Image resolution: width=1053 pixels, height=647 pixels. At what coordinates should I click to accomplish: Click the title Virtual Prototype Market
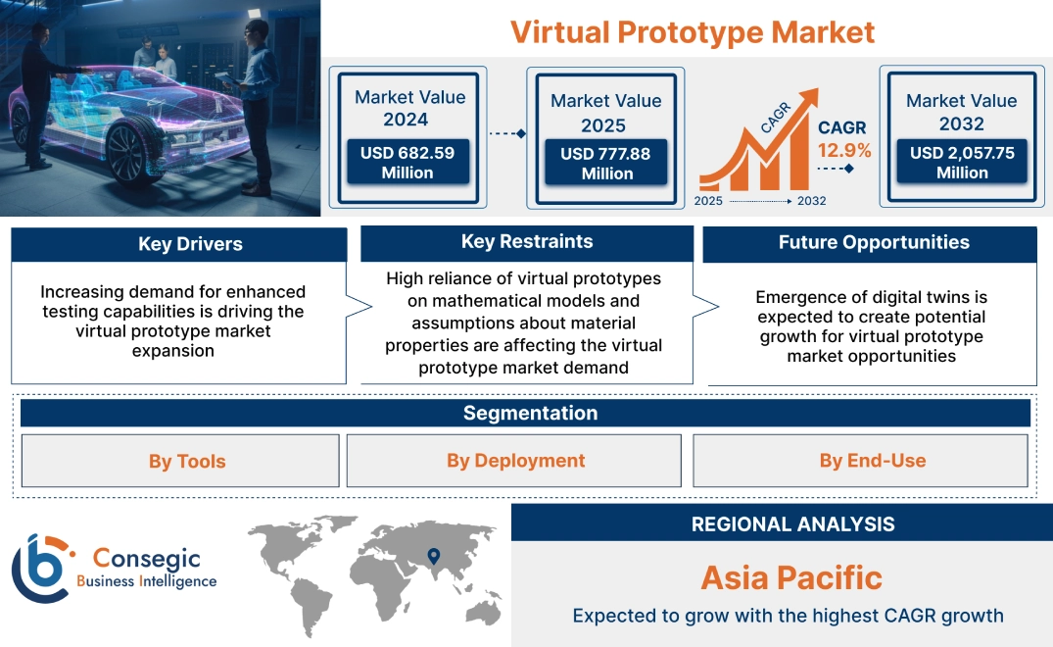click(x=693, y=31)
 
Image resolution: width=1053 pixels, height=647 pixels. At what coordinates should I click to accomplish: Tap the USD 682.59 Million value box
click(x=407, y=163)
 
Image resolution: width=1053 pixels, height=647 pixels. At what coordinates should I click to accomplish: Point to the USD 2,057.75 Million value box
click(x=962, y=163)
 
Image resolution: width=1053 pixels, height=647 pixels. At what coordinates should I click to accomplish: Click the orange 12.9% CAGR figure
click(x=844, y=151)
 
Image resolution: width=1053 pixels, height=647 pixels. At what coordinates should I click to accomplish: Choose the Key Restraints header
click(x=527, y=242)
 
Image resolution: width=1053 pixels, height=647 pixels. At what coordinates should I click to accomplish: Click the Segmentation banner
click(x=530, y=413)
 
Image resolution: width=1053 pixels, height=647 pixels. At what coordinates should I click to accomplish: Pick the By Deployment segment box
click(x=515, y=461)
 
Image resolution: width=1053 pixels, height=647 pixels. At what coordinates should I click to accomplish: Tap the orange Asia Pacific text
click(x=791, y=577)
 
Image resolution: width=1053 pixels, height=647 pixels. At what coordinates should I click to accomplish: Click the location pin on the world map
click(x=432, y=558)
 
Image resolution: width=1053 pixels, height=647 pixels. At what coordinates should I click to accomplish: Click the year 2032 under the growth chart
click(x=811, y=201)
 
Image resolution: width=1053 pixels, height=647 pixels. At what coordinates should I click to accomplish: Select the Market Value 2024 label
click(x=409, y=108)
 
